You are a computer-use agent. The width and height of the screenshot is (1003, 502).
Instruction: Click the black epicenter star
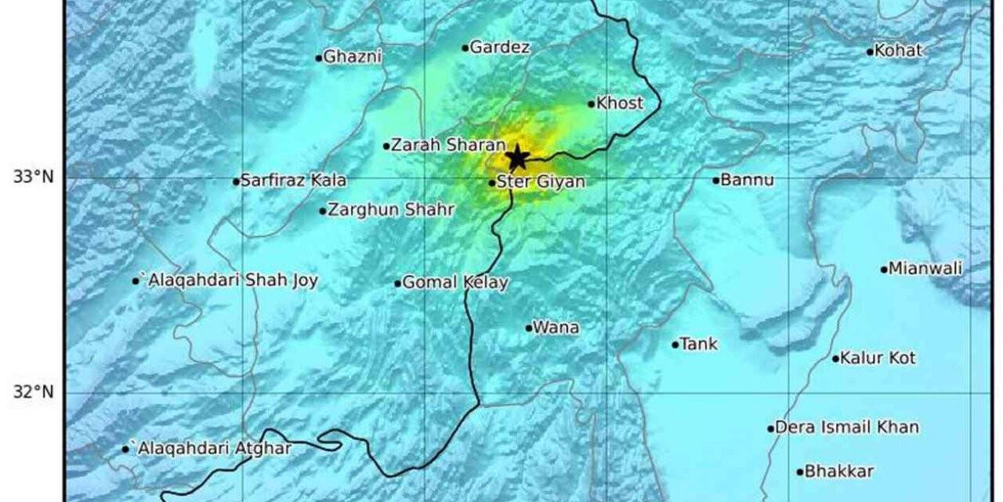(x=517, y=157)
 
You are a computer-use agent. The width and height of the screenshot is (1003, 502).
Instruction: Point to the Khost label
(x=620, y=103)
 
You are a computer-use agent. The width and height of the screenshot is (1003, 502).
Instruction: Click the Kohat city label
(x=898, y=51)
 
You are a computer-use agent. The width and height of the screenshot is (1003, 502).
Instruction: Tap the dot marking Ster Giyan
(x=492, y=183)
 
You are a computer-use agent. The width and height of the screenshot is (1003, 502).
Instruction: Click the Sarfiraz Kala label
(x=293, y=180)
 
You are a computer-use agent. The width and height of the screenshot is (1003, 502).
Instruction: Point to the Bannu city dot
(x=716, y=180)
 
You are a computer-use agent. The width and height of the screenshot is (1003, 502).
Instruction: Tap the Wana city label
(x=556, y=328)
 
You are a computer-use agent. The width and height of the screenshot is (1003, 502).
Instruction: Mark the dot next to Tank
(x=675, y=344)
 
